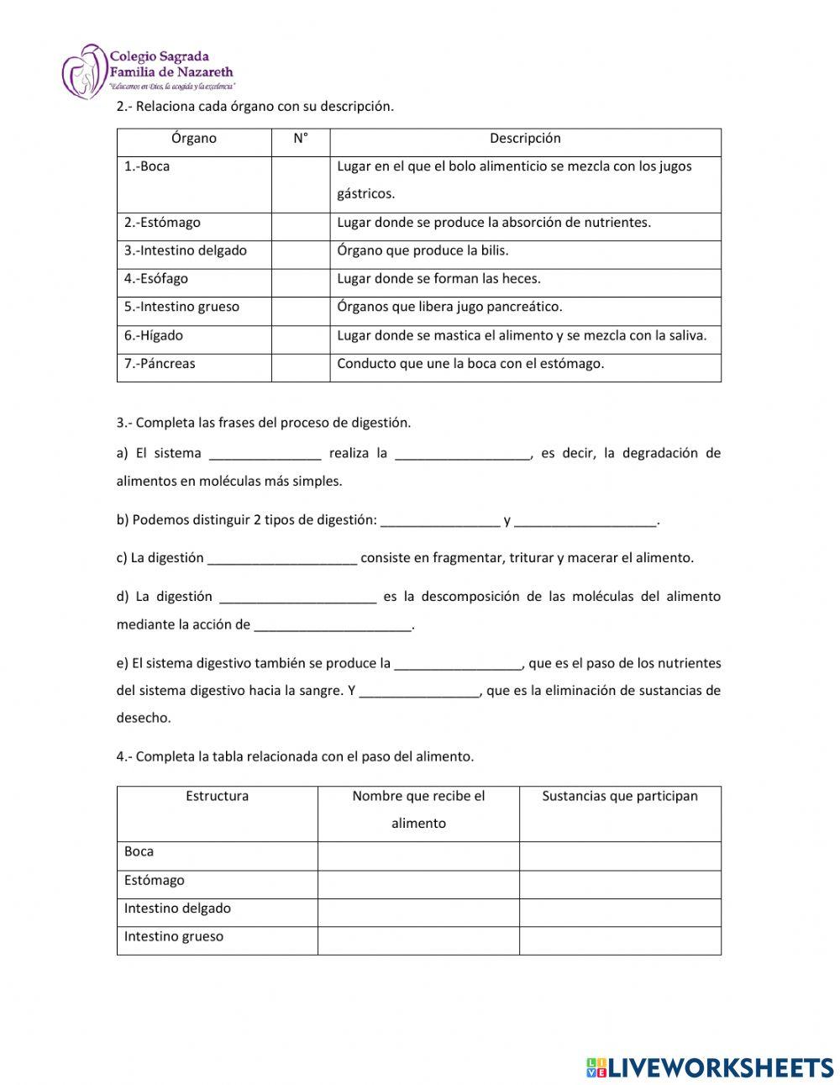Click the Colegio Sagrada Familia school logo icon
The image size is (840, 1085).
coord(84,72)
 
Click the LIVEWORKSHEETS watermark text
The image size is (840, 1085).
coord(710,1067)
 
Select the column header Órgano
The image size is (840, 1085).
coord(193,139)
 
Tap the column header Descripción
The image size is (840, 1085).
coord(525,139)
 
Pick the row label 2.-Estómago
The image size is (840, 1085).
coord(162,223)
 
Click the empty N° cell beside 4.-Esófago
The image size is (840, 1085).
coord(300,282)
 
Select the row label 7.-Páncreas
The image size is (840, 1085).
coord(160,364)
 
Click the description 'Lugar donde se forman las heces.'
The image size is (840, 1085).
coord(438,279)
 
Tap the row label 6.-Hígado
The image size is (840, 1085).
coord(154,335)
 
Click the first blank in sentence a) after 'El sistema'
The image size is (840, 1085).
coord(265,454)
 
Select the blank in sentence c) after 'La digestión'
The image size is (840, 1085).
coord(282,558)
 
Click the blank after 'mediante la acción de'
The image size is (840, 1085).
coord(333,625)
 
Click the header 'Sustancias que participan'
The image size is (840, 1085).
coord(620,796)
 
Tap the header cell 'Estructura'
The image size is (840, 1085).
coord(217,796)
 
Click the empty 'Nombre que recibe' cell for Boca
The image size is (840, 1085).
coord(418,856)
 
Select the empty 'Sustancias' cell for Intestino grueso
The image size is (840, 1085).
coord(620,940)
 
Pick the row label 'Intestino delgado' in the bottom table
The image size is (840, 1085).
coord(177,909)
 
